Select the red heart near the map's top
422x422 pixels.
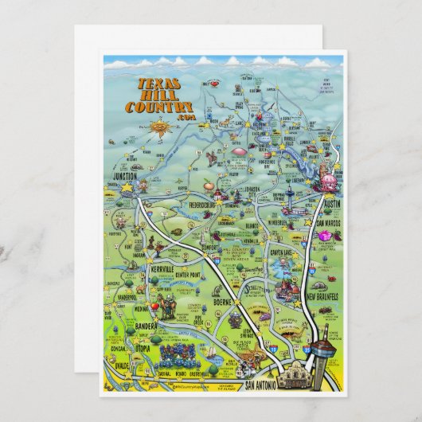pos(213,82)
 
